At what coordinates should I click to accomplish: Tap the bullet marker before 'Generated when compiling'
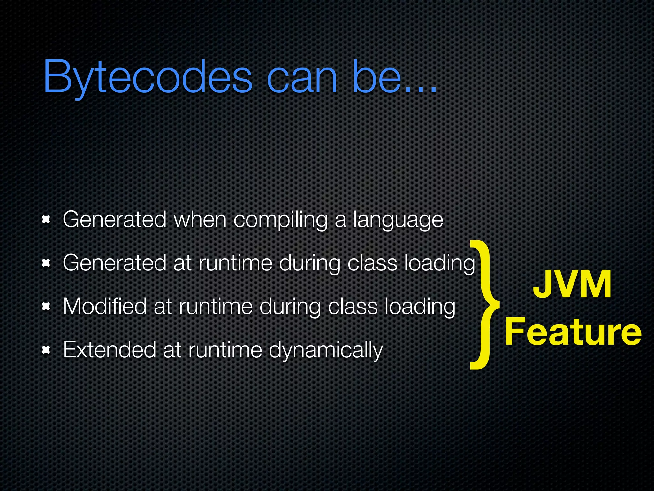coord(47,220)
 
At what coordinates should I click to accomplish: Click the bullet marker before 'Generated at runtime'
coord(47,263)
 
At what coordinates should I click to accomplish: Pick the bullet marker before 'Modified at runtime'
coord(47,307)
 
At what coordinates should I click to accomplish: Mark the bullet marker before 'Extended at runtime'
coord(47,350)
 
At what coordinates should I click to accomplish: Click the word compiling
coord(280,220)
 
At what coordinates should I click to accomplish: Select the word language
coord(398,220)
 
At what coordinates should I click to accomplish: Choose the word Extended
coord(109,349)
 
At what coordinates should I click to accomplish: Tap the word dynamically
coord(326,350)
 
